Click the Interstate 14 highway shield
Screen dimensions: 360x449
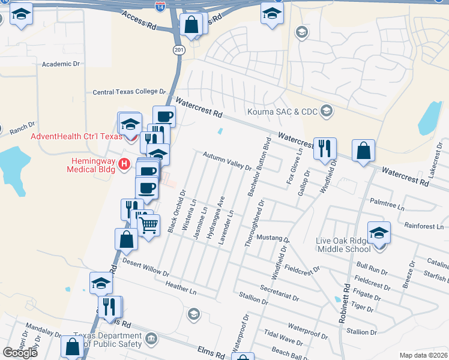click(160, 7)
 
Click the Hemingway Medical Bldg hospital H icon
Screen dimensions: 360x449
click(124, 163)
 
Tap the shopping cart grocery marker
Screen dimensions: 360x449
click(149, 225)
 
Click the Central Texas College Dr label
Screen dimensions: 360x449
click(128, 92)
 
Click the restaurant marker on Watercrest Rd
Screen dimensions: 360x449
click(325, 148)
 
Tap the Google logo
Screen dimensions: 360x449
click(20, 352)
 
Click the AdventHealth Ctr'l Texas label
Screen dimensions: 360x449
click(71, 136)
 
